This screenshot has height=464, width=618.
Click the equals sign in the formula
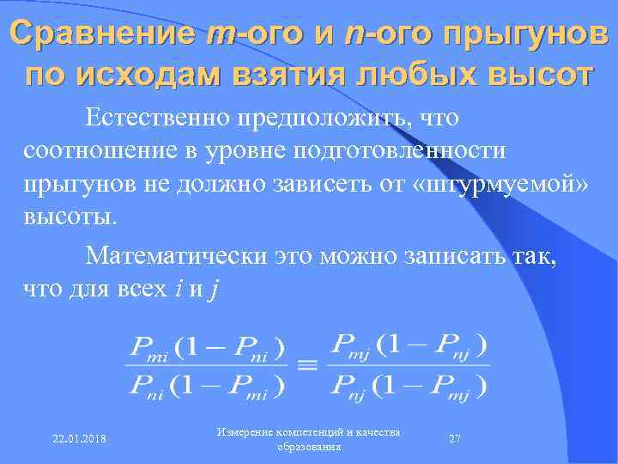pos(306,365)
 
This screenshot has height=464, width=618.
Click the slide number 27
pos(455,438)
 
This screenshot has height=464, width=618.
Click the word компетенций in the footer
pos(310,430)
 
